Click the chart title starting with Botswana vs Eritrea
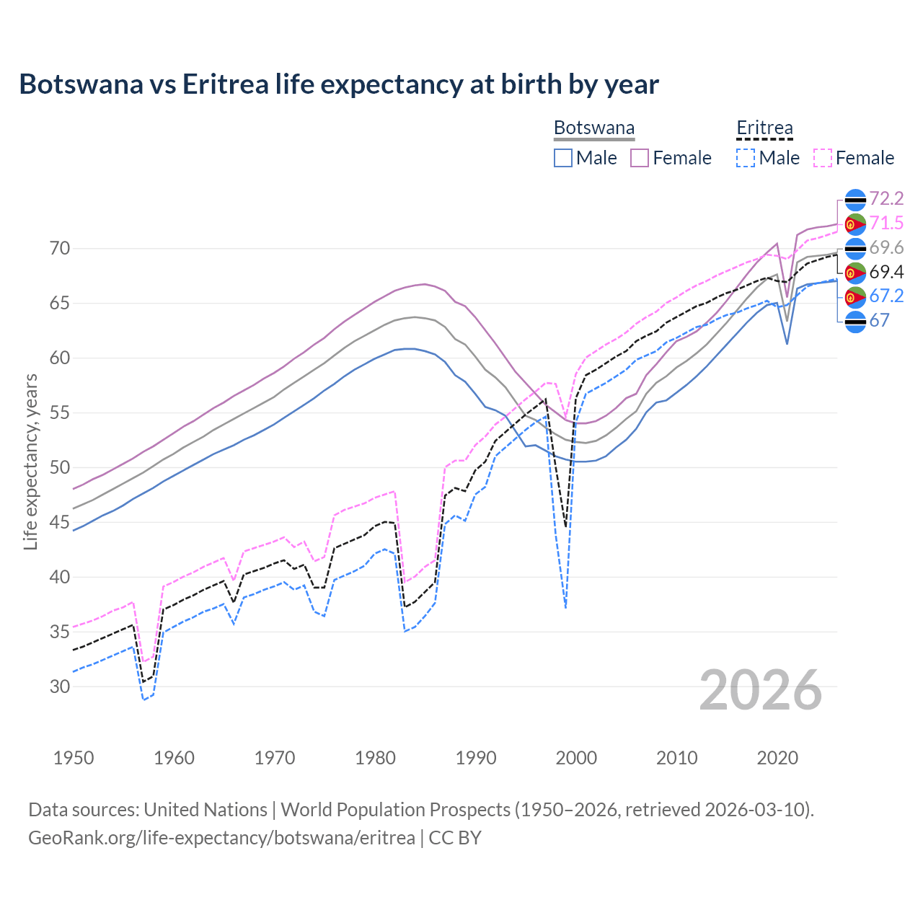point(338,84)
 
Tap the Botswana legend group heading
point(594,128)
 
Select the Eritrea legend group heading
point(764,128)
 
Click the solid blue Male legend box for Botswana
point(563,158)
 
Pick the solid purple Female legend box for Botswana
point(640,158)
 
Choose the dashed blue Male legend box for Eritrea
point(746,158)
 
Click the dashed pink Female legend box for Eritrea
point(823,158)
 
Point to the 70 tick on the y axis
point(60,249)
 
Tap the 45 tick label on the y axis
point(60,522)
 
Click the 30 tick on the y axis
point(60,686)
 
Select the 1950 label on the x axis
point(74,758)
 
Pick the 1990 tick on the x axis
point(476,758)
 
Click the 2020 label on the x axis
point(777,758)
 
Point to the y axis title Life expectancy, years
point(30,461)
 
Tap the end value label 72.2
point(886,199)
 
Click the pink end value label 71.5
point(886,224)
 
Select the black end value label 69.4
point(886,273)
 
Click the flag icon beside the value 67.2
point(855,296)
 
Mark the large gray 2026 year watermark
point(760,690)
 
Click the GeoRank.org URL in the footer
point(221,838)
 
